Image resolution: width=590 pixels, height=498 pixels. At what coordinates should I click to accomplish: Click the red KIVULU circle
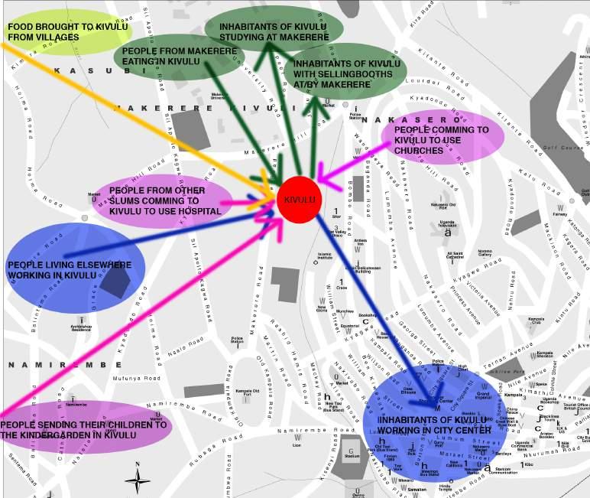tap(297, 200)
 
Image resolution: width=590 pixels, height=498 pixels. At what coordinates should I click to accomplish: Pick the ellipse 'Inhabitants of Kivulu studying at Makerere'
tap(273, 28)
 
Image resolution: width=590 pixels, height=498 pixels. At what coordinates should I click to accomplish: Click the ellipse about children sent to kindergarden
tap(84, 429)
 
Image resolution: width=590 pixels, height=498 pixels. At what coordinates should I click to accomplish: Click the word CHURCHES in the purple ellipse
tap(420, 151)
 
